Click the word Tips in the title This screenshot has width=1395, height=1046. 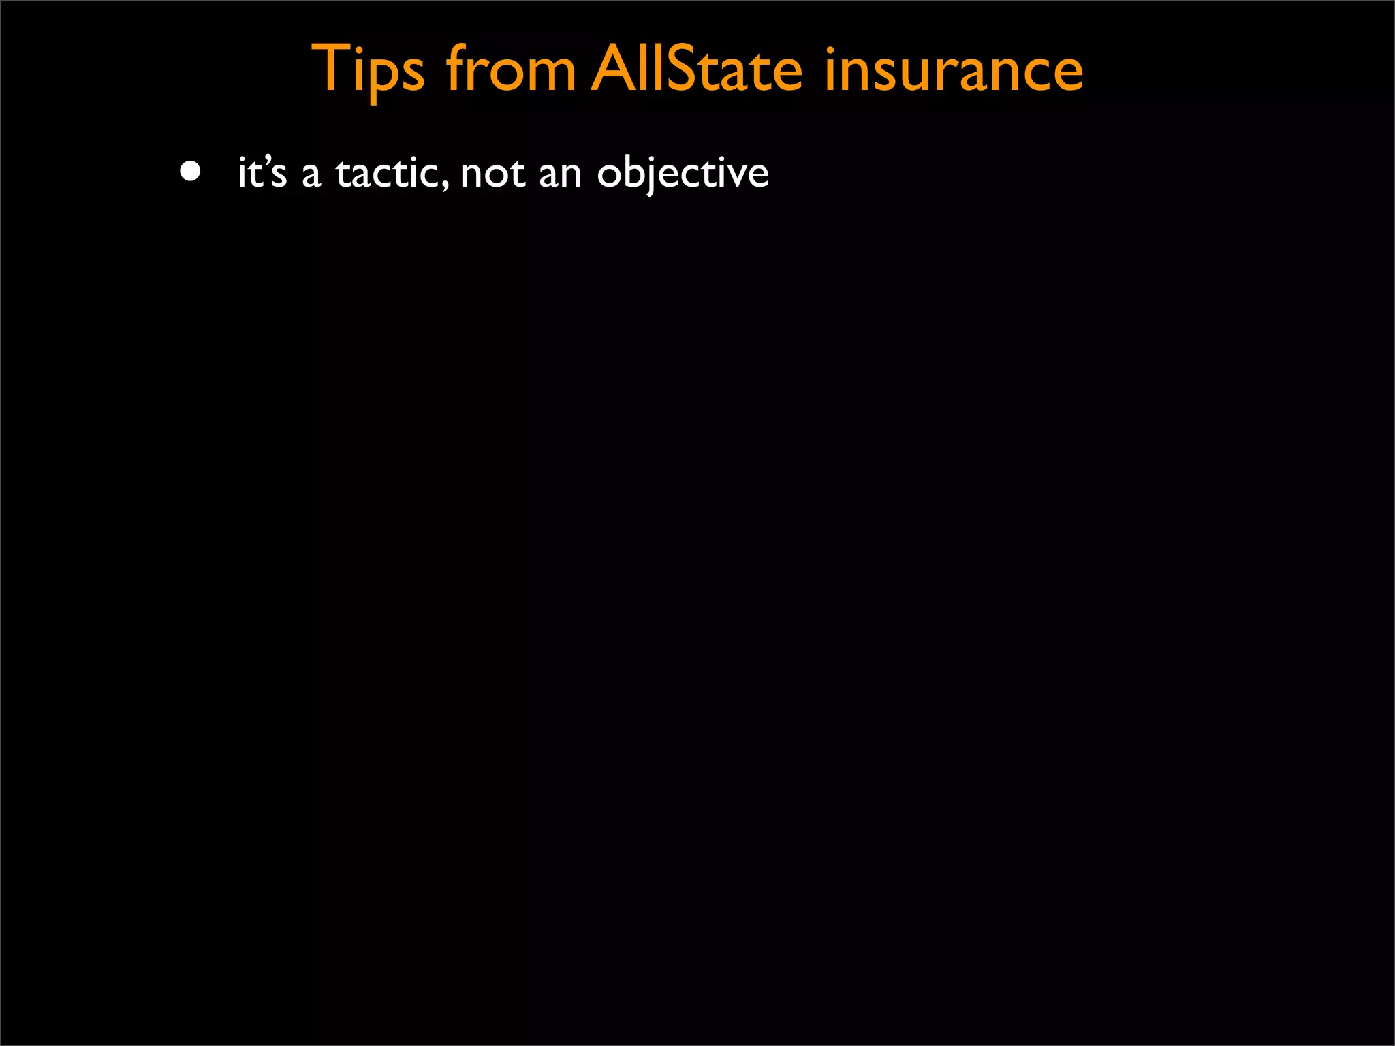coord(368,69)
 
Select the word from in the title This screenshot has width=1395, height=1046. coord(511,69)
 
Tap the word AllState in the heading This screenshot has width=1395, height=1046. coord(697,69)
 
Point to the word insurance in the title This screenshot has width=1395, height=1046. coord(954,69)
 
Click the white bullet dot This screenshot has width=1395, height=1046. coord(191,172)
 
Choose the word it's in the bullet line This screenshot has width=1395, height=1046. coord(262,172)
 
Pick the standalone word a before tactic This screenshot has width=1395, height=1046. coord(311,175)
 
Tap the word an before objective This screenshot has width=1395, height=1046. coord(560,175)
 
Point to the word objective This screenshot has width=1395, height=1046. coord(683,174)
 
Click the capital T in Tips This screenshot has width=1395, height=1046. coord(331,68)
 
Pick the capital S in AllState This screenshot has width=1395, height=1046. coord(685,69)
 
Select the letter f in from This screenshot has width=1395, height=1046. coord(457,68)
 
